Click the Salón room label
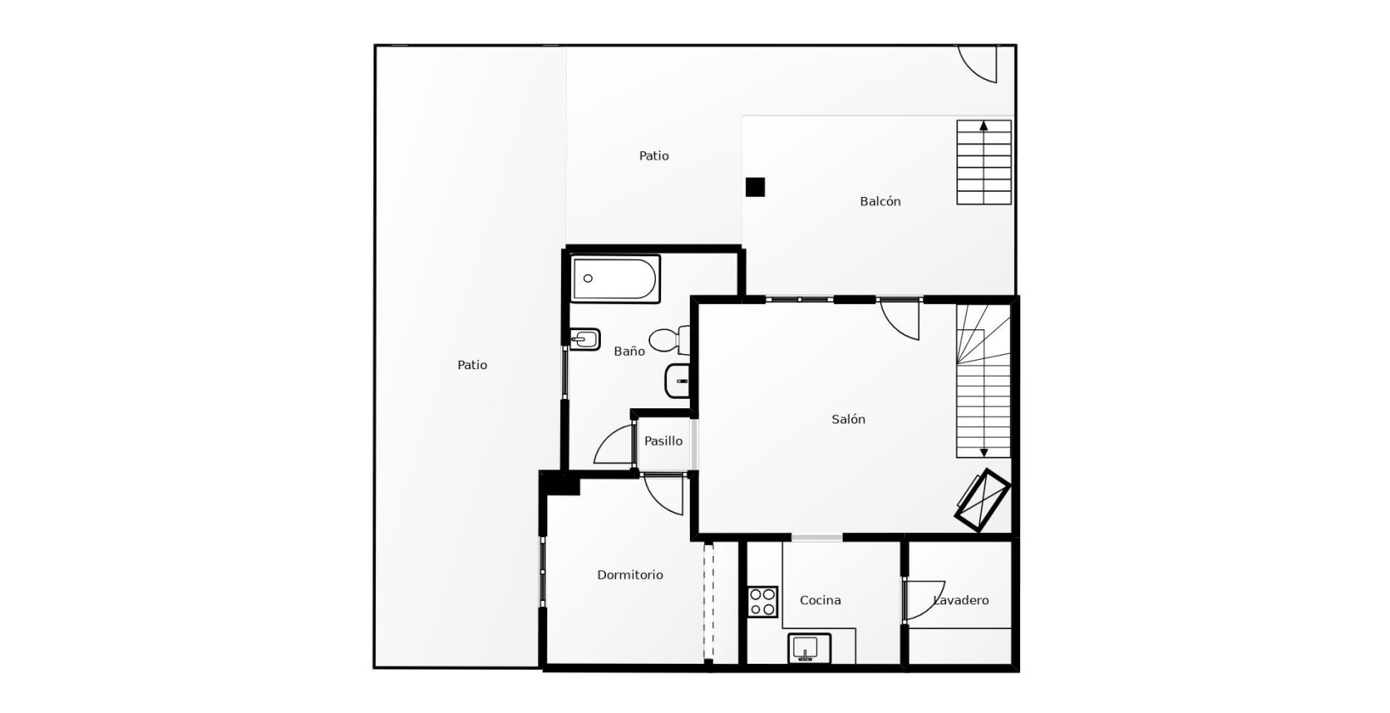coord(848,419)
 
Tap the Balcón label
coord(880,201)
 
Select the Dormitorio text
coord(630,575)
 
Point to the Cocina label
coord(820,600)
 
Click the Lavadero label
coord(961,600)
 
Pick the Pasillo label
coord(663,441)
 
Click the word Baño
coord(629,351)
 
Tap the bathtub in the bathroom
coord(615,278)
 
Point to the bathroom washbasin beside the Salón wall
coord(678,381)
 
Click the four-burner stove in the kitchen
coord(762,602)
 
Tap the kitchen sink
coord(808,648)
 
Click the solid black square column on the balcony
coord(754,187)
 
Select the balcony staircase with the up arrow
coord(984,162)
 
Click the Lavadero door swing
coord(923,600)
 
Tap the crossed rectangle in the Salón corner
coord(982,500)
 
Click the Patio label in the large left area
coord(472,365)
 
